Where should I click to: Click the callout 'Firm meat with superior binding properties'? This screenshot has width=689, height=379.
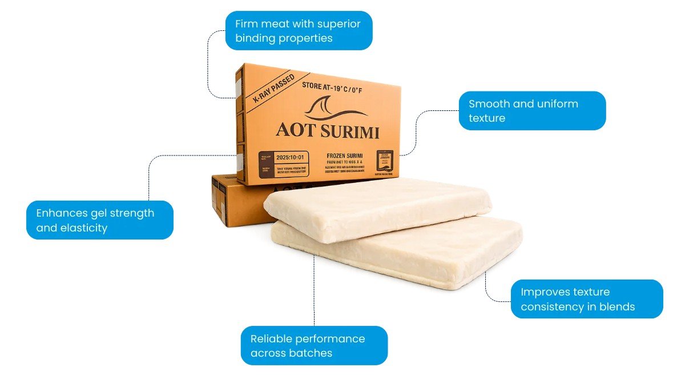click(298, 31)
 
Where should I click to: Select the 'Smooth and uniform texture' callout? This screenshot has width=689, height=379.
click(531, 111)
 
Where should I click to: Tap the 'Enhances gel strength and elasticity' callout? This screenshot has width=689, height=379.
click(99, 220)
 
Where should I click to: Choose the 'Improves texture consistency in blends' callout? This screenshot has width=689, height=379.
click(586, 299)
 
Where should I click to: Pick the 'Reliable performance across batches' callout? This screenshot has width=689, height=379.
click(314, 345)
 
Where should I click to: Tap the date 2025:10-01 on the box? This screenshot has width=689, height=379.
click(291, 156)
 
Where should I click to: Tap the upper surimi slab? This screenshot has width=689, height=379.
click(377, 206)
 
